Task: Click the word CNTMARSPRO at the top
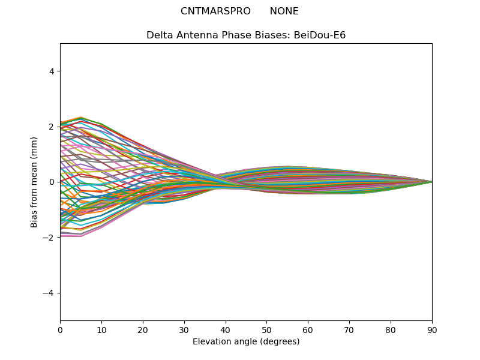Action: coord(215,11)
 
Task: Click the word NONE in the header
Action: coord(284,11)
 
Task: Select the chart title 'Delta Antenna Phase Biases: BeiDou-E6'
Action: coord(246,35)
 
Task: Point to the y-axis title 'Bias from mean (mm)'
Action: coord(34,182)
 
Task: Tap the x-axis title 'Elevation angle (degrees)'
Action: coord(246,341)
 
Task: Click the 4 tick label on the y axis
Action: coord(51,71)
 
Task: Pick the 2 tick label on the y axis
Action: coord(51,127)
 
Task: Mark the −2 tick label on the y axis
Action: coord(48,238)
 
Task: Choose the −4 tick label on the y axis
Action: coord(48,293)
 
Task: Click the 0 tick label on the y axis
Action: coord(51,182)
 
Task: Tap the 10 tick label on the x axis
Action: coord(101,331)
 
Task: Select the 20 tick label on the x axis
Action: coord(143,331)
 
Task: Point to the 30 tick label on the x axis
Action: coord(184,331)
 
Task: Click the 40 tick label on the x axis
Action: coord(226,331)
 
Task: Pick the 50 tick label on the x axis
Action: coord(267,331)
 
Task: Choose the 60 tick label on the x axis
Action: coord(308,331)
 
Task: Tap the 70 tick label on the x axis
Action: coord(350,331)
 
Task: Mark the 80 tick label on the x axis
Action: coord(391,331)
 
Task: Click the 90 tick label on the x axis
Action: coord(432,331)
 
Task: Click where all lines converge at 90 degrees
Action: coord(432,182)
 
